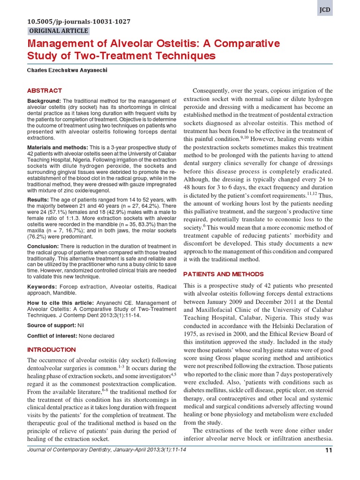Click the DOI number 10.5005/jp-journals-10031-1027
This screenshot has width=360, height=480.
[x=79, y=22]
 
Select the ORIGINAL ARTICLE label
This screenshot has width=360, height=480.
[x=59, y=31]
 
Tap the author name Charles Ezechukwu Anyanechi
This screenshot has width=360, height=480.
[x=67, y=70]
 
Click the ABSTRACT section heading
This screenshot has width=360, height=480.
[x=45, y=90]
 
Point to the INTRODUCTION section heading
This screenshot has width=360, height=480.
[x=51, y=350]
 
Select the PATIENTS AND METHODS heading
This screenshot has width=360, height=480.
[x=223, y=274]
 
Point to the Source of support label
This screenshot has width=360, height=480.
[x=52, y=325]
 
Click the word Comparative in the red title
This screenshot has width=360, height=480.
[x=249, y=44]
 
